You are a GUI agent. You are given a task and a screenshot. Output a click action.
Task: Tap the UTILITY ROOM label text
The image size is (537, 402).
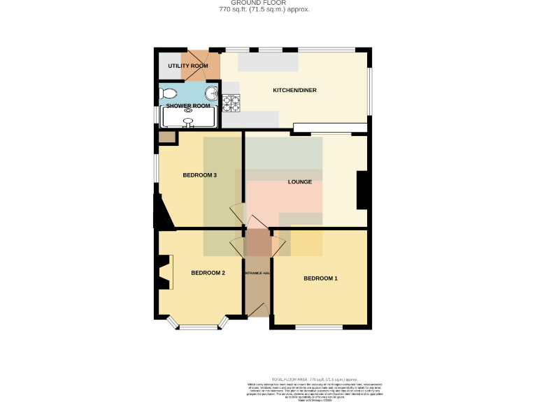(188, 66)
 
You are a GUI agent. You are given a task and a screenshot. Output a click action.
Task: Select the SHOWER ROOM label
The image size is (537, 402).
(187, 106)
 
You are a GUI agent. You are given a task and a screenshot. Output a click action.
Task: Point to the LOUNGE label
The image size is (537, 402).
(300, 182)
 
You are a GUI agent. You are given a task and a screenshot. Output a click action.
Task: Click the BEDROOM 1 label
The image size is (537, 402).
(320, 278)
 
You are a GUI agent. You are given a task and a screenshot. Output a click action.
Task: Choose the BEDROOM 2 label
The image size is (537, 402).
(208, 272)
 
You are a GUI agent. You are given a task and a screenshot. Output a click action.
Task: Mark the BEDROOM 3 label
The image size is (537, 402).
(199, 175)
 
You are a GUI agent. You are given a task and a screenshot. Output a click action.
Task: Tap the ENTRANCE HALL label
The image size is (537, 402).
(258, 272)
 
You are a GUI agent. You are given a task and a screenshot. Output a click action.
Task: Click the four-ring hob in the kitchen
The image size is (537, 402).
(231, 103)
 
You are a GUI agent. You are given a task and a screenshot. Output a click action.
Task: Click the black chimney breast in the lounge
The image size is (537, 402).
(362, 190)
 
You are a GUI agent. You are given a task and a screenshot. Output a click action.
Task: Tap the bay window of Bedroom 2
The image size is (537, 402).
(199, 326)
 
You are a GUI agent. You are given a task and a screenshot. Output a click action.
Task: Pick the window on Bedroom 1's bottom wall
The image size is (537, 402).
(319, 327)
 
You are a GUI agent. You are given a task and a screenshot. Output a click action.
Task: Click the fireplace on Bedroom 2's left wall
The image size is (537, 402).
(164, 272)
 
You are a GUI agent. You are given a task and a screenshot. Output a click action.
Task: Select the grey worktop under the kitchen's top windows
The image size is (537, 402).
(268, 63)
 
